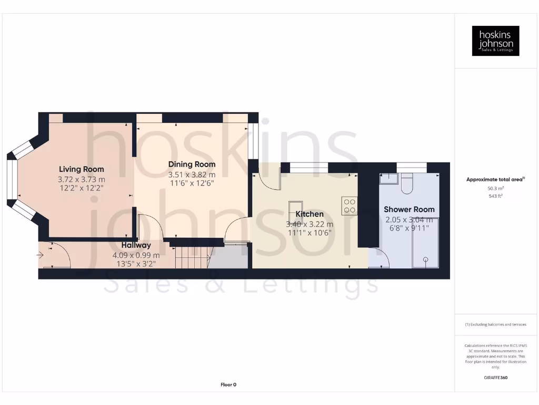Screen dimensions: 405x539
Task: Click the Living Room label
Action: (81, 169)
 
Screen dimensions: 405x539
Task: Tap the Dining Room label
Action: (192, 165)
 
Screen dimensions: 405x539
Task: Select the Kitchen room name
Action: (310, 214)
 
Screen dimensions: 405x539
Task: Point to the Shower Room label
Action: (409, 209)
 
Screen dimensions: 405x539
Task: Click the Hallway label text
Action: (136, 245)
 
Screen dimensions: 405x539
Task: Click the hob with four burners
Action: (349, 205)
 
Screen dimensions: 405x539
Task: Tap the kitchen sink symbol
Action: (295, 207)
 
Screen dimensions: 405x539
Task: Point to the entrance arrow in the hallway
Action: (41, 256)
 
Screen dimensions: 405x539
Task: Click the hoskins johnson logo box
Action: (495, 41)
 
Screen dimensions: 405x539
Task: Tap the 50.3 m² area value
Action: (495, 188)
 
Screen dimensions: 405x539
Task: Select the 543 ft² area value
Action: (495, 196)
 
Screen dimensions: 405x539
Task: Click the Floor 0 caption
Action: (228, 385)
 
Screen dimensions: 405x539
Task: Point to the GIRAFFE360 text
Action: (495, 378)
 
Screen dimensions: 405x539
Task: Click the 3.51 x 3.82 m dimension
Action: (192, 175)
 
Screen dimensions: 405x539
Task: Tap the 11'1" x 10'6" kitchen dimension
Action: (310, 233)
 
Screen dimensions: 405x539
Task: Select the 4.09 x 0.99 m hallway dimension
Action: (136, 255)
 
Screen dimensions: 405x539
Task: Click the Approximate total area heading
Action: (495, 180)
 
